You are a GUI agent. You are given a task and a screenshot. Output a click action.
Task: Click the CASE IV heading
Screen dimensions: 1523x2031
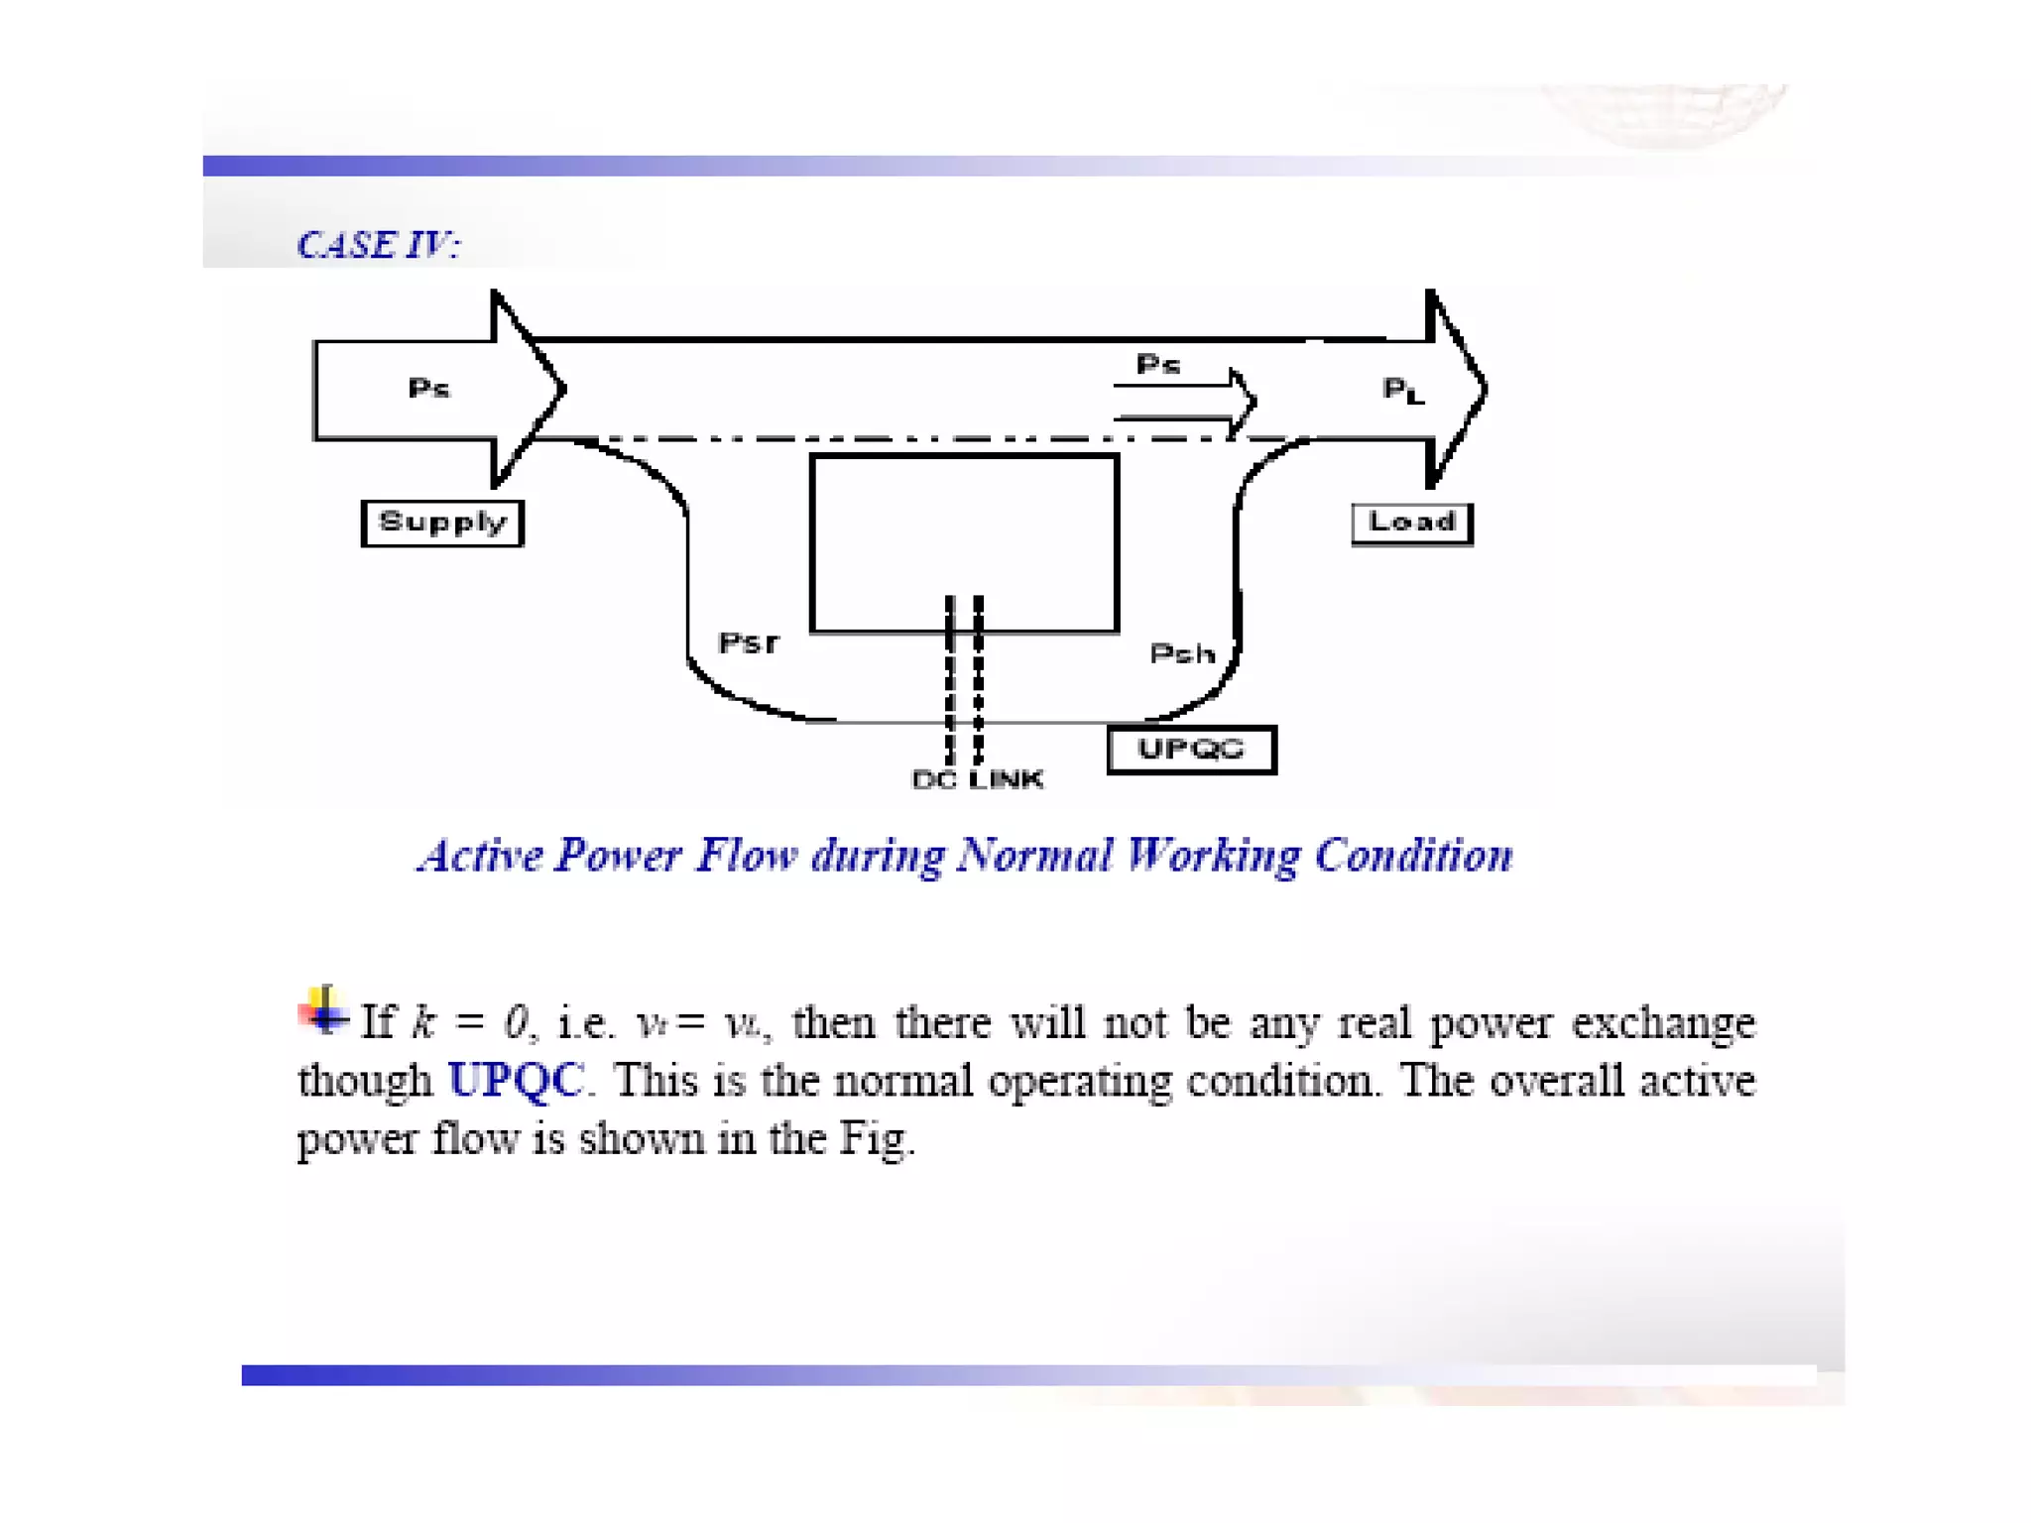click(x=378, y=245)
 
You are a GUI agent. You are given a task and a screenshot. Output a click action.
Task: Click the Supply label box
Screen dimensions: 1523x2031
click(x=442, y=523)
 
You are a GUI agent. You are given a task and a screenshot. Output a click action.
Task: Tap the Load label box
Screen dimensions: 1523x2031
click(x=1411, y=523)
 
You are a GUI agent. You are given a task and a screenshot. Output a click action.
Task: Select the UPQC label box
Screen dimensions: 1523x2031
click(x=1191, y=750)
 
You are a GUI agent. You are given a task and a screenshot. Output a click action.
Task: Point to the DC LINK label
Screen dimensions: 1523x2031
click(x=977, y=780)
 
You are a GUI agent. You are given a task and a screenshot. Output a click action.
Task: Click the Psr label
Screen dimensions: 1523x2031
click(x=749, y=644)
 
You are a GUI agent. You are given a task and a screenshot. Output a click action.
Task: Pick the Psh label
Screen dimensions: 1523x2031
click(x=1182, y=654)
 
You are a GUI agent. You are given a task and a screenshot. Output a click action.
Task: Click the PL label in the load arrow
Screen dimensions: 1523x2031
click(x=1403, y=390)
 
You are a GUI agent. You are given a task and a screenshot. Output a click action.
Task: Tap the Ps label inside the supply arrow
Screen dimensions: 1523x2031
click(x=428, y=388)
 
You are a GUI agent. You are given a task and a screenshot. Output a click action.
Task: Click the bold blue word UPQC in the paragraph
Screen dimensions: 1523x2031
click(x=516, y=1080)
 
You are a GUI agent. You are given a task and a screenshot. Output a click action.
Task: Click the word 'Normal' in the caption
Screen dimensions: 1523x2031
click(x=1033, y=856)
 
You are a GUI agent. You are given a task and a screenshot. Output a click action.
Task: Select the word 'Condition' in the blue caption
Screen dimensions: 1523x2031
click(x=1413, y=856)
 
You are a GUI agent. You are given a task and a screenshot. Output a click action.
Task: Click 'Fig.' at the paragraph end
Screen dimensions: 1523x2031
click(x=877, y=1138)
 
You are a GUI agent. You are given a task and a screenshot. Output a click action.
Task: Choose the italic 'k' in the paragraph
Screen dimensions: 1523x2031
click(x=423, y=1022)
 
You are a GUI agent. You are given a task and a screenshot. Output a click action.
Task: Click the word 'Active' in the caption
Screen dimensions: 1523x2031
click(x=480, y=856)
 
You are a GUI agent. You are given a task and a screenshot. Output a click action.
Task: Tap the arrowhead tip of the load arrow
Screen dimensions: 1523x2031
click(x=1485, y=389)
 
